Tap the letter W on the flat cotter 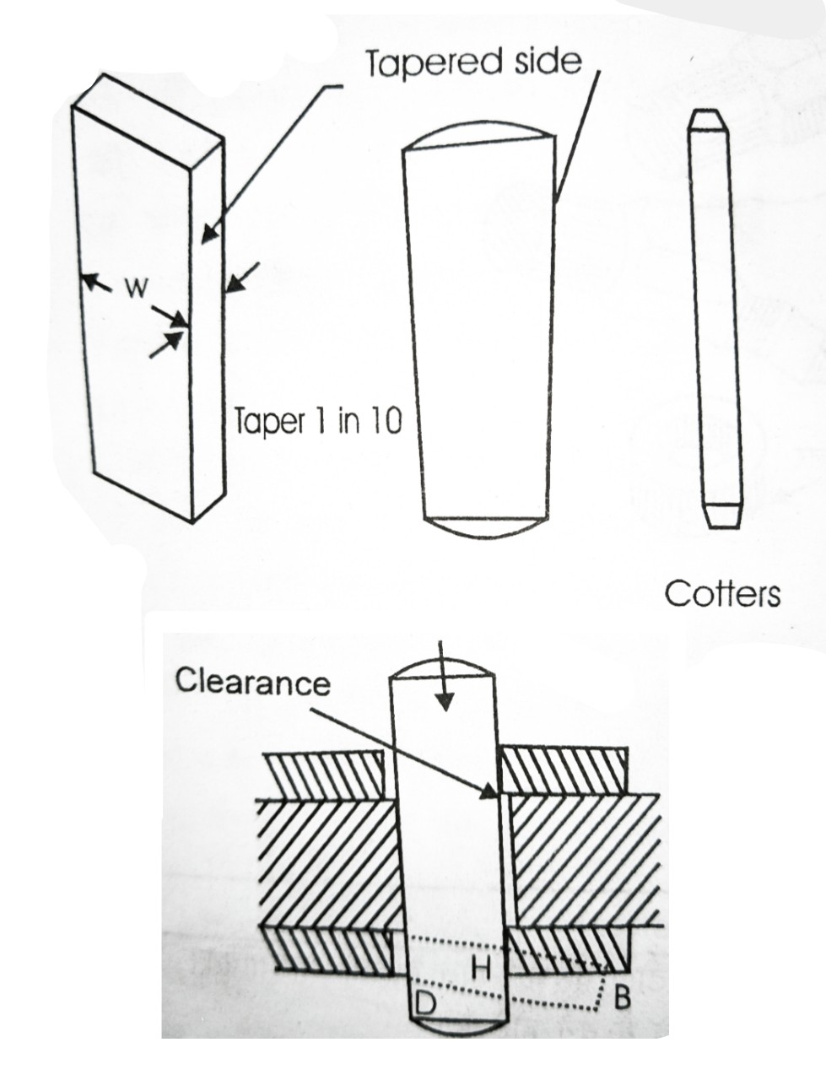pos(135,289)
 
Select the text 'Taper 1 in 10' pos(317,421)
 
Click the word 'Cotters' pos(722,594)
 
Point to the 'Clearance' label pos(252,681)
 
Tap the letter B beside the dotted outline pos(622,998)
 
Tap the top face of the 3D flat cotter pos(148,114)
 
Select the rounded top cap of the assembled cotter pos(442,667)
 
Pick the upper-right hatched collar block pos(564,770)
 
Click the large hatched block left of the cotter pos(325,861)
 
